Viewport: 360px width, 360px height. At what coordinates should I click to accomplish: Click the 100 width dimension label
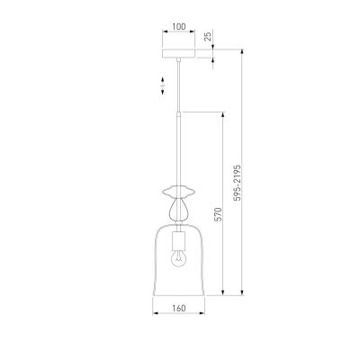click(179, 26)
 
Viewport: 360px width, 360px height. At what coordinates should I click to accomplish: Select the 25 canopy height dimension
click(208, 36)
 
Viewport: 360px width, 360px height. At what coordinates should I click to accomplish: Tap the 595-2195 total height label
click(238, 183)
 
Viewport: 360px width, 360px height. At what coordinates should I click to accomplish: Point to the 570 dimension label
click(218, 214)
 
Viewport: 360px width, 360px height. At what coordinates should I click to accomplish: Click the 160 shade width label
click(179, 308)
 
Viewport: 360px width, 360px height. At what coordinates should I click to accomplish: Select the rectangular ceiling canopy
click(179, 53)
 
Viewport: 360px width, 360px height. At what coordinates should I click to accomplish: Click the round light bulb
click(178, 258)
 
